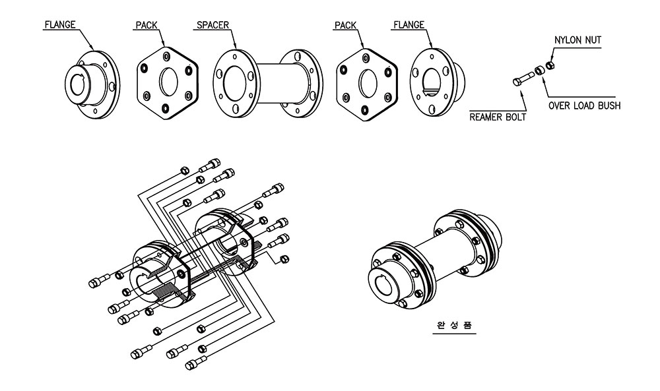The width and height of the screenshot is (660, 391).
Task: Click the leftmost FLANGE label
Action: coord(59,26)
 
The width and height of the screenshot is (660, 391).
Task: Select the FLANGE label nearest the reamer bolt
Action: coord(409,26)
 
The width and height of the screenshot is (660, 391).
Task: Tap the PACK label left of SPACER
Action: coord(146,26)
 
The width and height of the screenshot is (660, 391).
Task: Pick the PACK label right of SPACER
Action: coord(345,26)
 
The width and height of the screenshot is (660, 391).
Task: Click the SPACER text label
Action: coord(212,26)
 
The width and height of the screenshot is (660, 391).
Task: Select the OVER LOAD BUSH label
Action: coord(585,105)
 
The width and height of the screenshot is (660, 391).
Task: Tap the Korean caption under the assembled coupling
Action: coord(455,326)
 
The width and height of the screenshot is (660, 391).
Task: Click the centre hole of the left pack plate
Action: coord(168,82)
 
